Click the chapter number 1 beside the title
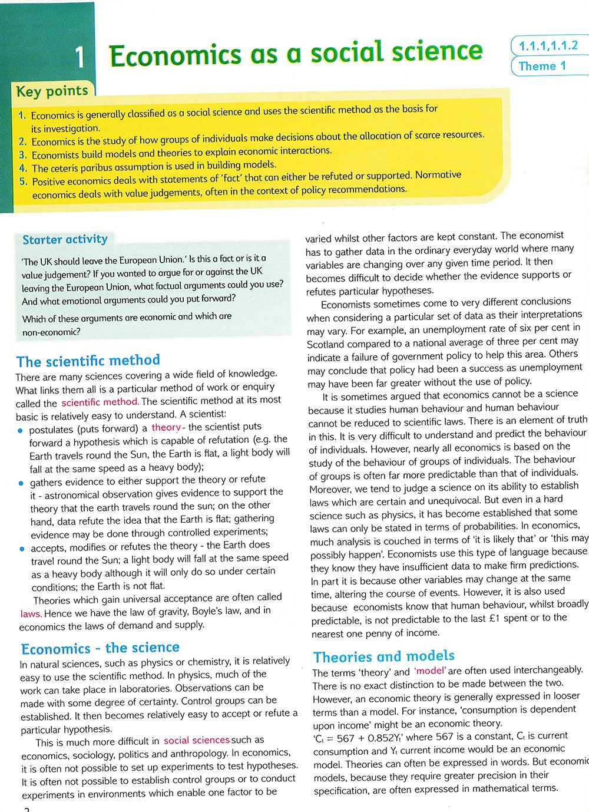pyautogui.click(x=80, y=58)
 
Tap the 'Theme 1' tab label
pyautogui.click(x=542, y=66)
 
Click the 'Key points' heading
pyautogui.click(x=52, y=91)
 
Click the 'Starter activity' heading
pyautogui.click(x=65, y=239)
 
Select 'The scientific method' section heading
pyautogui.click(x=88, y=361)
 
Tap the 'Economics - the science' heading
pyautogui.click(x=100, y=649)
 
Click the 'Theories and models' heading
pyautogui.click(x=384, y=656)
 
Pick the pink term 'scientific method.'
pyautogui.click(x=100, y=403)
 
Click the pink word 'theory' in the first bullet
pyautogui.click(x=166, y=427)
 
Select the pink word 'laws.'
pyautogui.click(x=31, y=613)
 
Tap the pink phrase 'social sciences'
pyautogui.click(x=197, y=740)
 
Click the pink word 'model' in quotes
pyautogui.click(x=430, y=671)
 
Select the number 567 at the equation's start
pyautogui.click(x=342, y=737)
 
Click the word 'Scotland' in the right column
pyautogui.click(x=326, y=344)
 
